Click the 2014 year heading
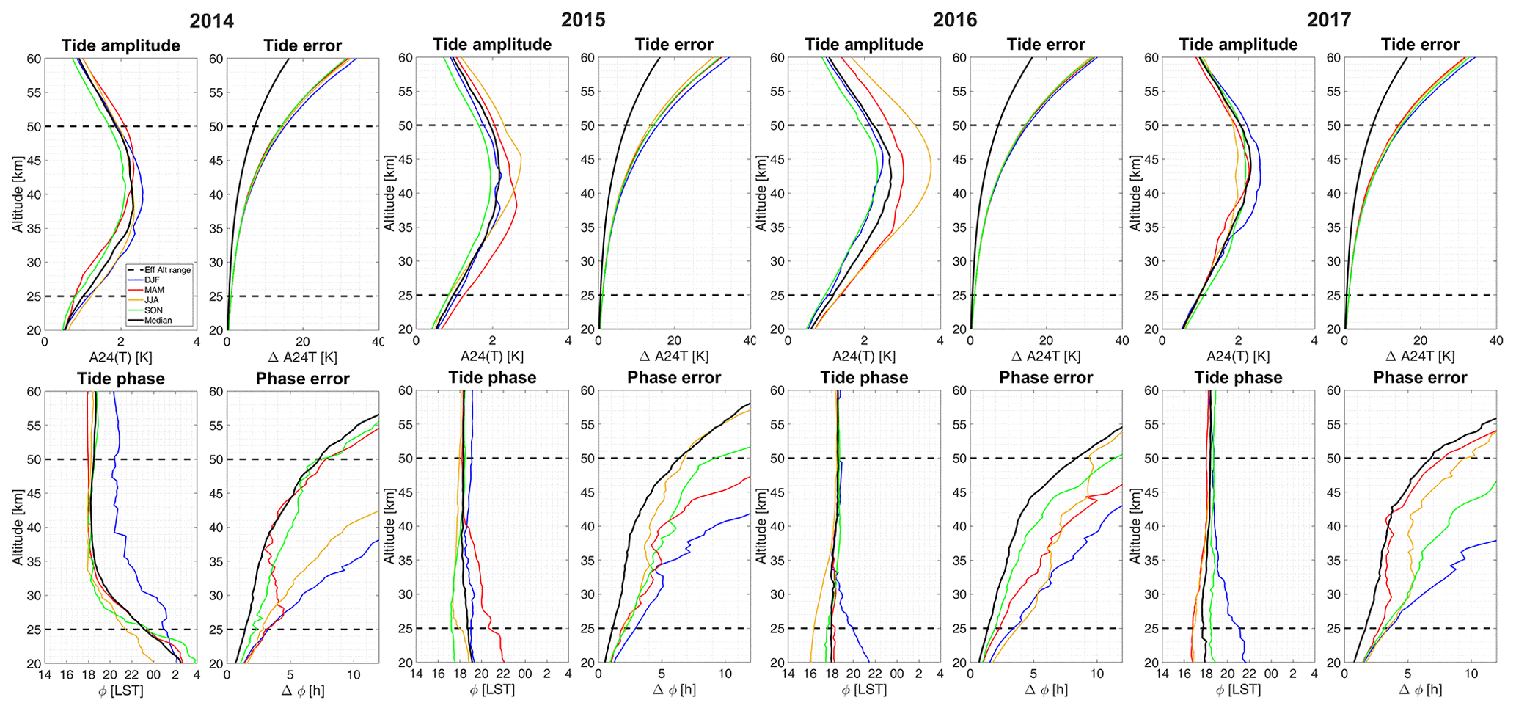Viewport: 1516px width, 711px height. [211, 21]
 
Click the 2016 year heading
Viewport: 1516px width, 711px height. [955, 20]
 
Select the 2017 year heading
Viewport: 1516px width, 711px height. [1328, 20]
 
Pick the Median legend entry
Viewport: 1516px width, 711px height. [158, 321]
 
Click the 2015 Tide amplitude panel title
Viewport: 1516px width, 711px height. [492, 45]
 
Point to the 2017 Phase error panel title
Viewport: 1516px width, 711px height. [1420, 378]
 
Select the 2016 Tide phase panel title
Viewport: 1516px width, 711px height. [864, 378]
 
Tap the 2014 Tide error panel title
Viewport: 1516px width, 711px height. [302, 45]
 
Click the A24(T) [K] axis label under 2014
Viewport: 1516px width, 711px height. [120, 357]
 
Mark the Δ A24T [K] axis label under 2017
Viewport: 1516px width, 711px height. [1420, 357]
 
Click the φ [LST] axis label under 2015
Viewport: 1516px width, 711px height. [492, 690]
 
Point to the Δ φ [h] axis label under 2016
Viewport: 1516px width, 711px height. [1046, 690]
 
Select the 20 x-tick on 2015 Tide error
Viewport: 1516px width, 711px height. [674, 341]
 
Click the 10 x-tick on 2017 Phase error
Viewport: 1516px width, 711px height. [1471, 675]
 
